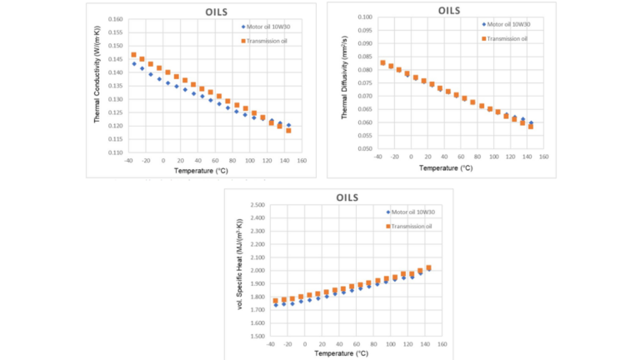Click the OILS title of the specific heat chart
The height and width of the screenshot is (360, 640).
(x=347, y=198)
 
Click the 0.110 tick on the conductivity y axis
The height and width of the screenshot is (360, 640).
(x=112, y=152)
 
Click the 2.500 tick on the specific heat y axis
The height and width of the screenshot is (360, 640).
(x=253, y=204)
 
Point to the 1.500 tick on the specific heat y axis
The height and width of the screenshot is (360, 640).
(x=253, y=336)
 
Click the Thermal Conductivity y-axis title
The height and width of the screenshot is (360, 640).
(x=97, y=85)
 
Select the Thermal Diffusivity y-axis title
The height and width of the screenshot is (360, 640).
(x=346, y=83)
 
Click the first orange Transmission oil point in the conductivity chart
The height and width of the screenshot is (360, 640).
(x=133, y=55)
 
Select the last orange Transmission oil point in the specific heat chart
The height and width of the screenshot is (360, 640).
(x=428, y=267)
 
